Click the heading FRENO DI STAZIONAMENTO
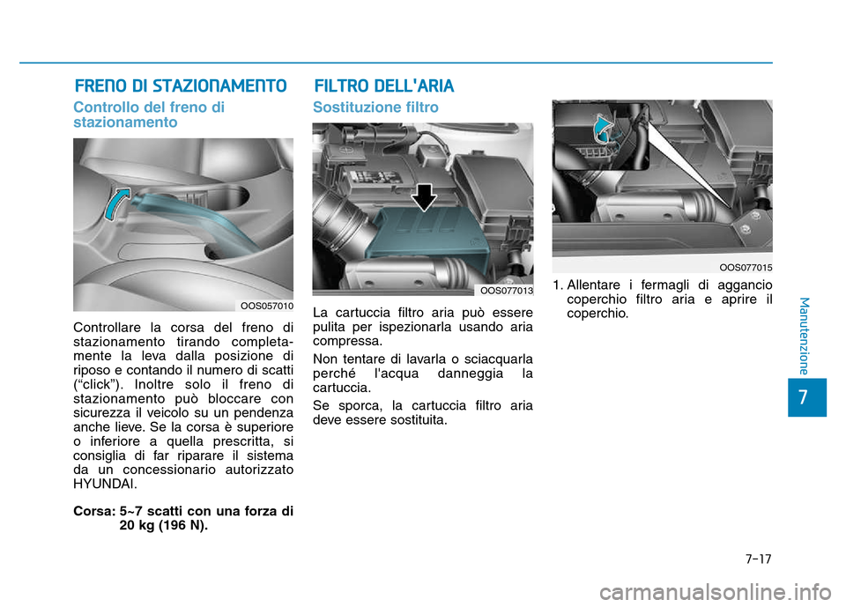click(180, 86)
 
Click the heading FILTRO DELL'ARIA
click(384, 86)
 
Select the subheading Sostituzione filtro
click(375, 107)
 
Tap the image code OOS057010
click(267, 306)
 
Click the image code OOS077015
click(746, 266)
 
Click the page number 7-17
click(758, 558)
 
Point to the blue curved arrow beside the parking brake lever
click(115, 210)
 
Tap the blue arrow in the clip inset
click(605, 129)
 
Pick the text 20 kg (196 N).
click(164, 525)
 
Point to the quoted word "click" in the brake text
click(100, 385)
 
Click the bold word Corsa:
click(93, 511)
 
